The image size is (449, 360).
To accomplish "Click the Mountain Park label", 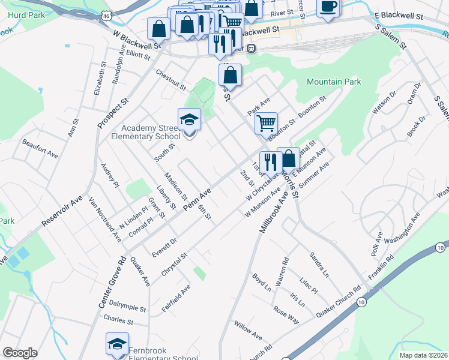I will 334,82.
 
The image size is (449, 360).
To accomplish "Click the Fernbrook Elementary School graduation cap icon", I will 117,344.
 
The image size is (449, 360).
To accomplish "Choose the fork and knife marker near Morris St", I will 270,161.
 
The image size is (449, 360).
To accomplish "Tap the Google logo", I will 20,352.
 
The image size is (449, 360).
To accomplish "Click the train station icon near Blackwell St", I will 252,48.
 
